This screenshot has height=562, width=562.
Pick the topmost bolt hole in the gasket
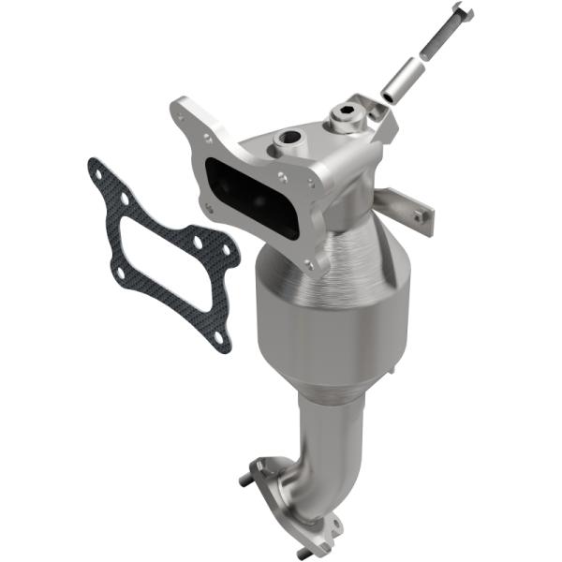[x=96, y=171]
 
